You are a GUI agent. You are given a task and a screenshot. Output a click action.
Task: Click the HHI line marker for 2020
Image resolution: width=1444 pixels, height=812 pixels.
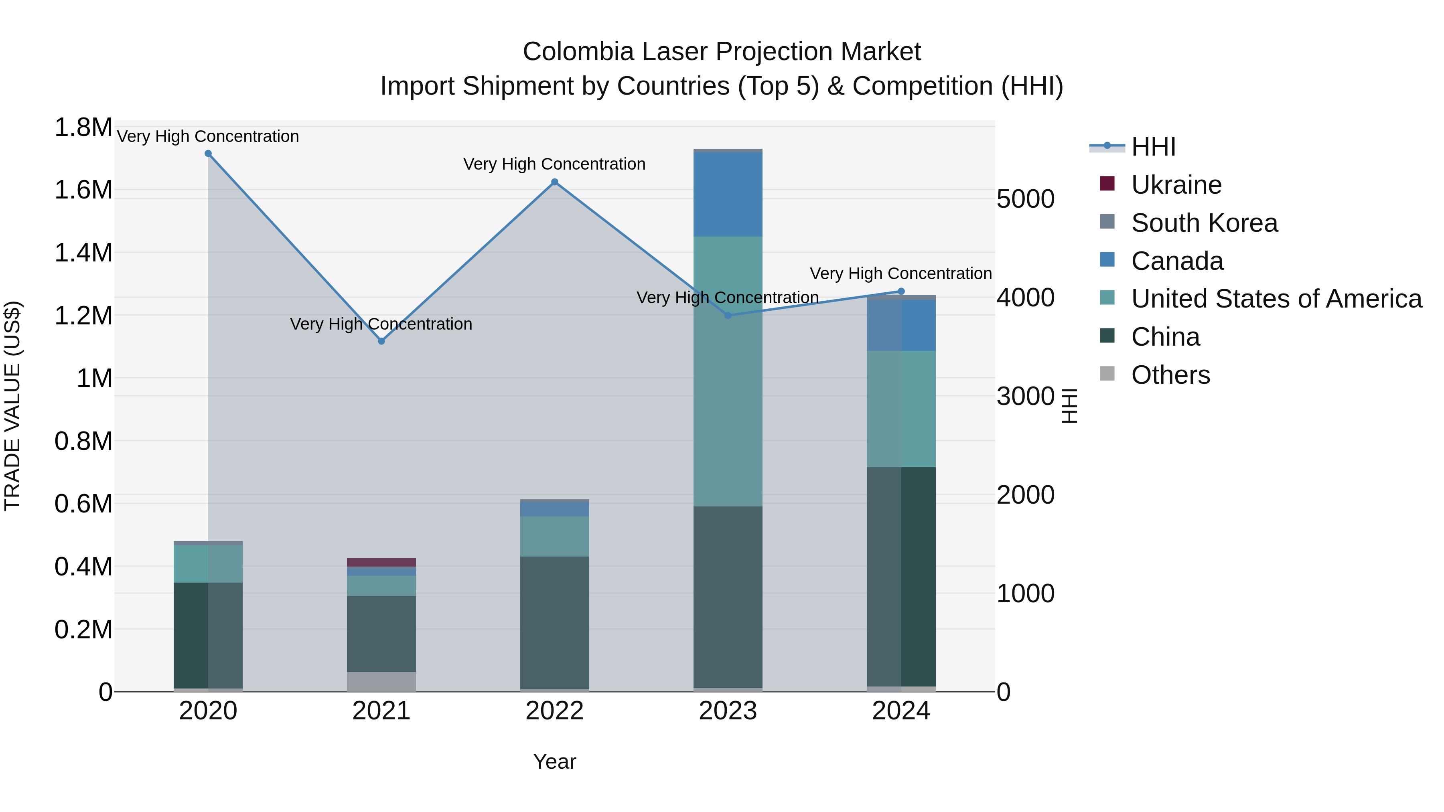[208, 154]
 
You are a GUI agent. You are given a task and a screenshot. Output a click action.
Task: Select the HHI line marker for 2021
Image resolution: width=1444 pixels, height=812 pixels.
[381, 341]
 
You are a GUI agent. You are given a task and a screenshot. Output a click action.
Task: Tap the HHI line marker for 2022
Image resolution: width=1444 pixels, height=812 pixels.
[554, 182]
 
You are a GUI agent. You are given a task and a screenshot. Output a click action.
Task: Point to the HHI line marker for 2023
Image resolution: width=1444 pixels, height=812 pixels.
[728, 316]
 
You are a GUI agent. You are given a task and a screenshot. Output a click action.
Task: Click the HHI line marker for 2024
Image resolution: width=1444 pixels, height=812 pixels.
[901, 292]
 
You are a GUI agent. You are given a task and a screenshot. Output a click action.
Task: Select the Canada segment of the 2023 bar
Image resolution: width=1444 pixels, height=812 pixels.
[728, 194]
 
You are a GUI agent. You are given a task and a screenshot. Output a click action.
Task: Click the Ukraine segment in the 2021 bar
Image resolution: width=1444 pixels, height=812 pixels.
[381, 562]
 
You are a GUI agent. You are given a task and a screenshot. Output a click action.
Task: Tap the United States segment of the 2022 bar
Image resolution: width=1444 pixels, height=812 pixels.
[554, 536]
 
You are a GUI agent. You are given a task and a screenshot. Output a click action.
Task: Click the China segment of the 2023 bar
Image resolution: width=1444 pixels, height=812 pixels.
[728, 597]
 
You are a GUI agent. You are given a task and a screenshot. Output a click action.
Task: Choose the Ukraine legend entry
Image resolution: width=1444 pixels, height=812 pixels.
[1176, 185]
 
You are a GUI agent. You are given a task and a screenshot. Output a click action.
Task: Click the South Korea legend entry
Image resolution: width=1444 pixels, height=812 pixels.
[1204, 223]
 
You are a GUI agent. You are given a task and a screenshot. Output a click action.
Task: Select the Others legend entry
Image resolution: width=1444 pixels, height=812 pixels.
[1170, 375]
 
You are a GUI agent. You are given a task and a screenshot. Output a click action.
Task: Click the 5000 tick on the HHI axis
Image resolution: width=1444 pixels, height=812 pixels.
[1025, 200]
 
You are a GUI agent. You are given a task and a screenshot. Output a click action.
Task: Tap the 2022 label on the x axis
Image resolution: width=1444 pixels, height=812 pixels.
[554, 711]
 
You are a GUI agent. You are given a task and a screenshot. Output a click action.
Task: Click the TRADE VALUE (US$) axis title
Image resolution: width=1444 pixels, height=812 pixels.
[12, 406]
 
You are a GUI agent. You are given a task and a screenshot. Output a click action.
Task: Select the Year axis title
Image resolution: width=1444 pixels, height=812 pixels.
[554, 761]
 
